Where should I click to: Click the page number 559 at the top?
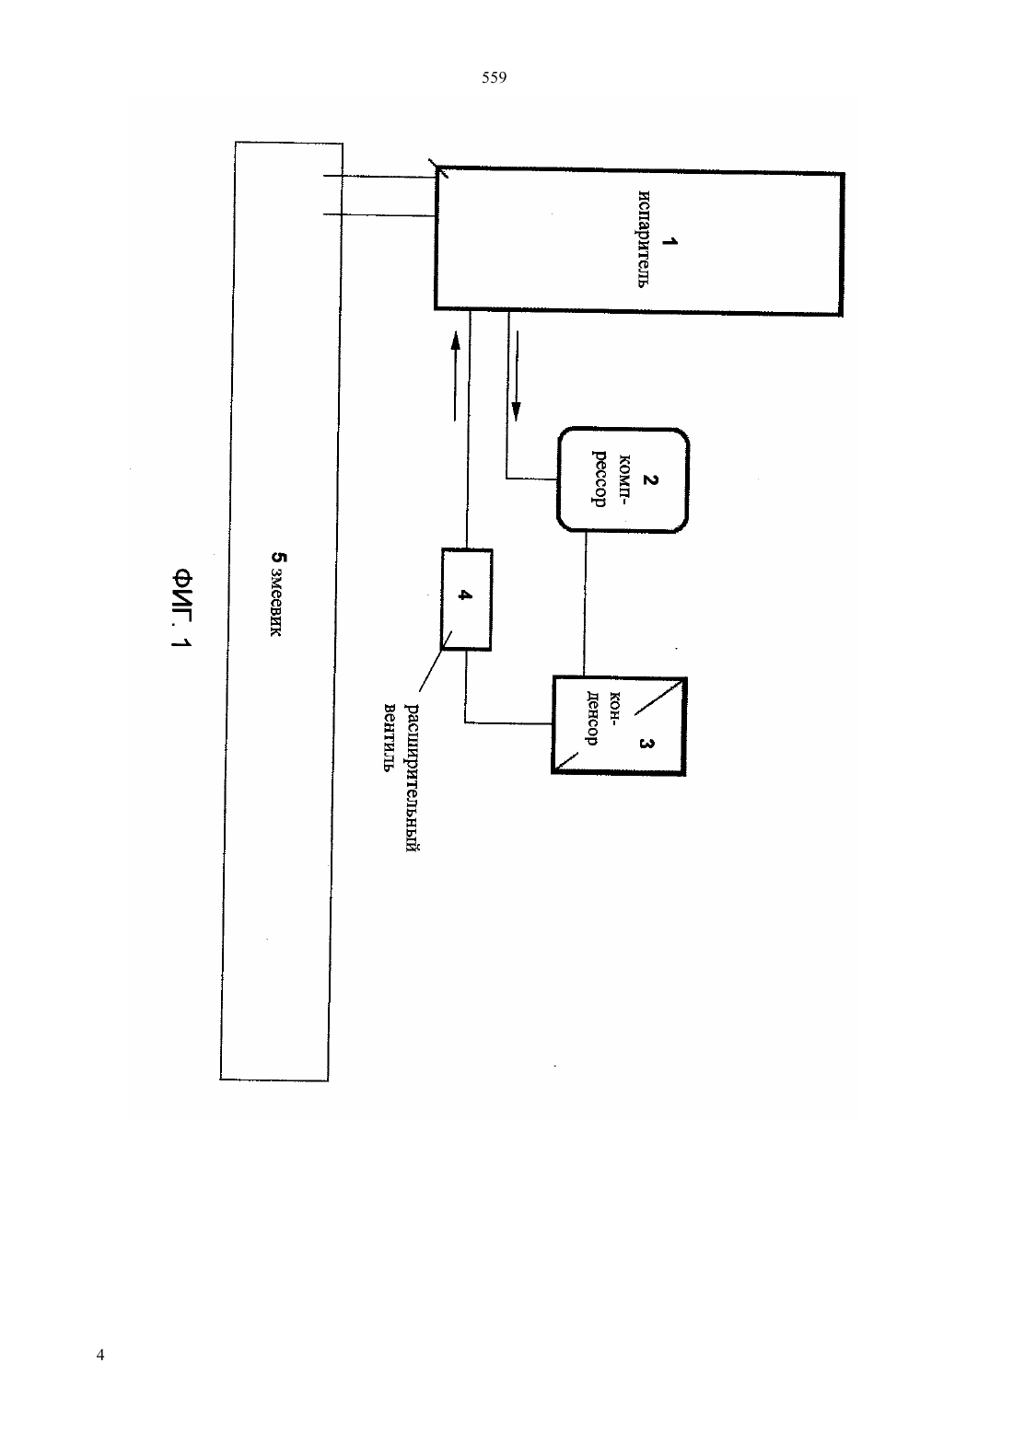pos(494,78)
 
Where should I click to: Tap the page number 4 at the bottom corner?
pos(100,1355)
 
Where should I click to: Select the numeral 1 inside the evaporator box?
pos(670,242)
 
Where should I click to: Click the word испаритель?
pos(645,239)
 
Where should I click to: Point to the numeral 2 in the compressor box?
pos(650,479)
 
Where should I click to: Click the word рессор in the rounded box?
pos(599,479)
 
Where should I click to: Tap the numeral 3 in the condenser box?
pos(646,743)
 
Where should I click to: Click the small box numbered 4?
pos(467,599)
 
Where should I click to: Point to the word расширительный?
pos(413,778)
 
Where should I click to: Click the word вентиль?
pos(389,737)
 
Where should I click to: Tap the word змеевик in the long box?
pos(275,604)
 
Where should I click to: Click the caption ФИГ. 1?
pos(182,608)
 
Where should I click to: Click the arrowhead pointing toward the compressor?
pos(517,411)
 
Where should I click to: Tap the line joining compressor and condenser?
pos(585,604)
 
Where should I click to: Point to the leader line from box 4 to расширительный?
pos(436,662)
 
